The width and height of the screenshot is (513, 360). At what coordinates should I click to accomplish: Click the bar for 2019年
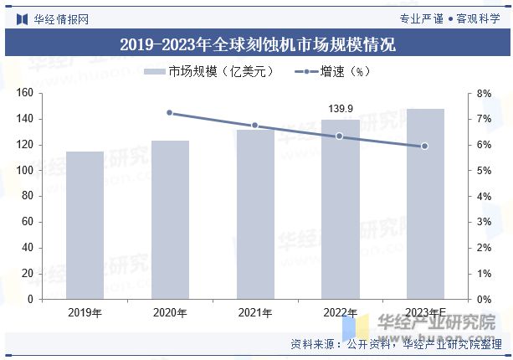pyautogui.click(x=85, y=225)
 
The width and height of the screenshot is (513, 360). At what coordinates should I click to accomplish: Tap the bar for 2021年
pyautogui.click(x=255, y=214)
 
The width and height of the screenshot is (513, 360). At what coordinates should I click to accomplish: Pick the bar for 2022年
pyautogui.click(x=341, y=209)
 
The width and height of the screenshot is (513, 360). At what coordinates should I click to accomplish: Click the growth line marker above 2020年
pyautogui.click(x=170, y=112)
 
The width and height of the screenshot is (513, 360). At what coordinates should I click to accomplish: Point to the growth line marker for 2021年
pyautogui.click(x=255, y=126)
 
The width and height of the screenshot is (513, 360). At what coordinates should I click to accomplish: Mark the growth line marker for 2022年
pyautogui.click(x=340, y=136)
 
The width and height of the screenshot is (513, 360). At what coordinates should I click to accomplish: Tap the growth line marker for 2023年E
pyautogui.click(x=425, y=146)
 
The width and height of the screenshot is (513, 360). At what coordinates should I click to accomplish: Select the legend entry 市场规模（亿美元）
pyautogui.click(x=209, y=72)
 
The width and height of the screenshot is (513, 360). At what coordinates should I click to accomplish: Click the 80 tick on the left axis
pyautogui.click(x=28, y=196)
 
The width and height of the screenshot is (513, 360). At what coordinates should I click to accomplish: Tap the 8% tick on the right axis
pyautogui.click(x=484, y=94)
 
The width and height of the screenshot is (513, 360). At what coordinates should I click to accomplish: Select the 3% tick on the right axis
pyautogui.click(x=484, y=222)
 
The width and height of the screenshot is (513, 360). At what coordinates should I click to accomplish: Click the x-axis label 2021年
pyautogui.click(x=255, y=313)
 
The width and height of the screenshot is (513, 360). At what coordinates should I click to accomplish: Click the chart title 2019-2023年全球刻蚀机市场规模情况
pyautogui.click(x=257, y=44)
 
